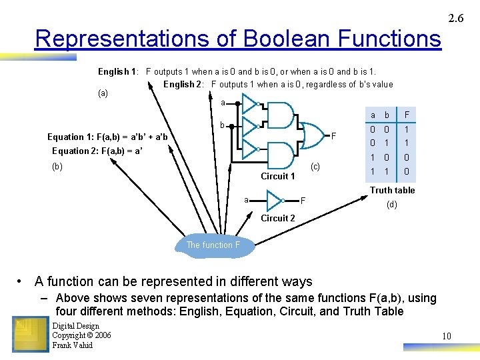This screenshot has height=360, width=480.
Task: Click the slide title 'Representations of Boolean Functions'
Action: tap(237, 39)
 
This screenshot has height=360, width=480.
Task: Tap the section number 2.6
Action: tap(456, 19)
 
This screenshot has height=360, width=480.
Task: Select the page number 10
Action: tap(447, 336)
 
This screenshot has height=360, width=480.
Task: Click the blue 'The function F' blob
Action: tap(213, 245)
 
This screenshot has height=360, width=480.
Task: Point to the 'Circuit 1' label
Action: tap(277, 176)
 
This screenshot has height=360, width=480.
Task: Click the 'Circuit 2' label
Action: tap(277, 218)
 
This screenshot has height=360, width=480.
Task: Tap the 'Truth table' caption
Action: tap(392, 190)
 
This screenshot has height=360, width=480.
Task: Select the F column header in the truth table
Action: tap(405, 115)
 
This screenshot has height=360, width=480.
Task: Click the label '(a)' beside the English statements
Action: tap(103, 93)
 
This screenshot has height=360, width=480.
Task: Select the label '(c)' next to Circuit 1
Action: tap(315, 166)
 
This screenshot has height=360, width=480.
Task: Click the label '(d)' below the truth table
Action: tap(392, 205)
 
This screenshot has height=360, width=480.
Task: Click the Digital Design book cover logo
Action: tap(31, 335)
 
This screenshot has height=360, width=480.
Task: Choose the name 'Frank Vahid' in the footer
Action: tap(73, 345)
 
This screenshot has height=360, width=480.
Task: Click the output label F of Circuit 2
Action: tap(303, 200)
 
